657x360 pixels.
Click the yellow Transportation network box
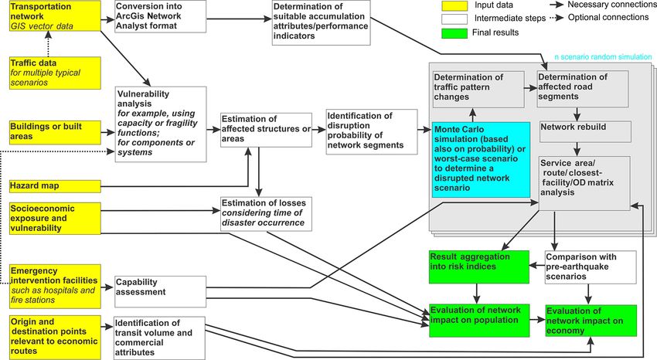point(55,16)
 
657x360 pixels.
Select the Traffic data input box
point(55,73)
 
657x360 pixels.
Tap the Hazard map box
point(55,186)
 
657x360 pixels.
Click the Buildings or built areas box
point(55,132)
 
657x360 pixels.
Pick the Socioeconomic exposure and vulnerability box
point(55,218)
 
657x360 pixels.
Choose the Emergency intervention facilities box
point(55,286)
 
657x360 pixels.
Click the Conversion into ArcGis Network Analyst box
point(160,16)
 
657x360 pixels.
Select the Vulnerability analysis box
point(162,124)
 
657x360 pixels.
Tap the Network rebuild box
point(585,132)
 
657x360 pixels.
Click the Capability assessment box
point(160,291)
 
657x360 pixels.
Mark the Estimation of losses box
point(266,213)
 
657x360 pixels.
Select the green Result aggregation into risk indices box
point(479,267)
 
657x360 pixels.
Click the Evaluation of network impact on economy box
point(591,321)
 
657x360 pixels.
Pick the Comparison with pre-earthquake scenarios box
point(591,267)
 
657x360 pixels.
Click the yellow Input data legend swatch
point(454,6)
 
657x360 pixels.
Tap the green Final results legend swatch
point(454,33)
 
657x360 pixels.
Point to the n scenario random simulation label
point(603,57)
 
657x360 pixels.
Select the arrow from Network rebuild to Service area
point(577,149)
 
